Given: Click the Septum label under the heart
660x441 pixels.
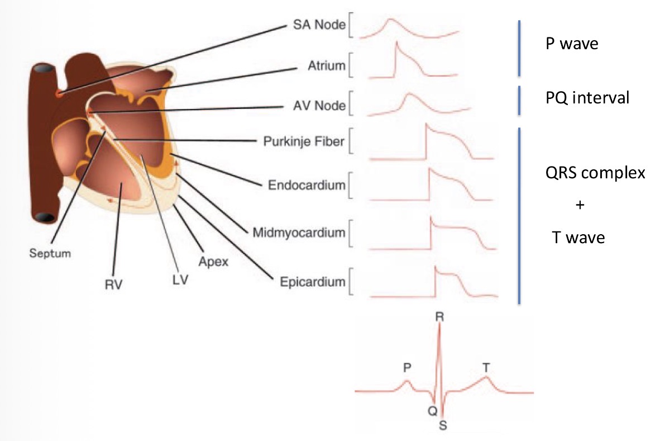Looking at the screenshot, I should [x=51, y=253].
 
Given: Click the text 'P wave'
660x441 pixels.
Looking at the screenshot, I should [x=572, y=44].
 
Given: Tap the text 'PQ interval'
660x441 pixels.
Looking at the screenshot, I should [x=587, y=98].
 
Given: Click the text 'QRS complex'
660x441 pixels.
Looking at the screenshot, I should [x=595, y=173].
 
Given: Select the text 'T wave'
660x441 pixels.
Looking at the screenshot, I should [x=575, y=238].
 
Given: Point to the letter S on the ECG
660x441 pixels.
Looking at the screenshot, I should [x=443, y=425].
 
